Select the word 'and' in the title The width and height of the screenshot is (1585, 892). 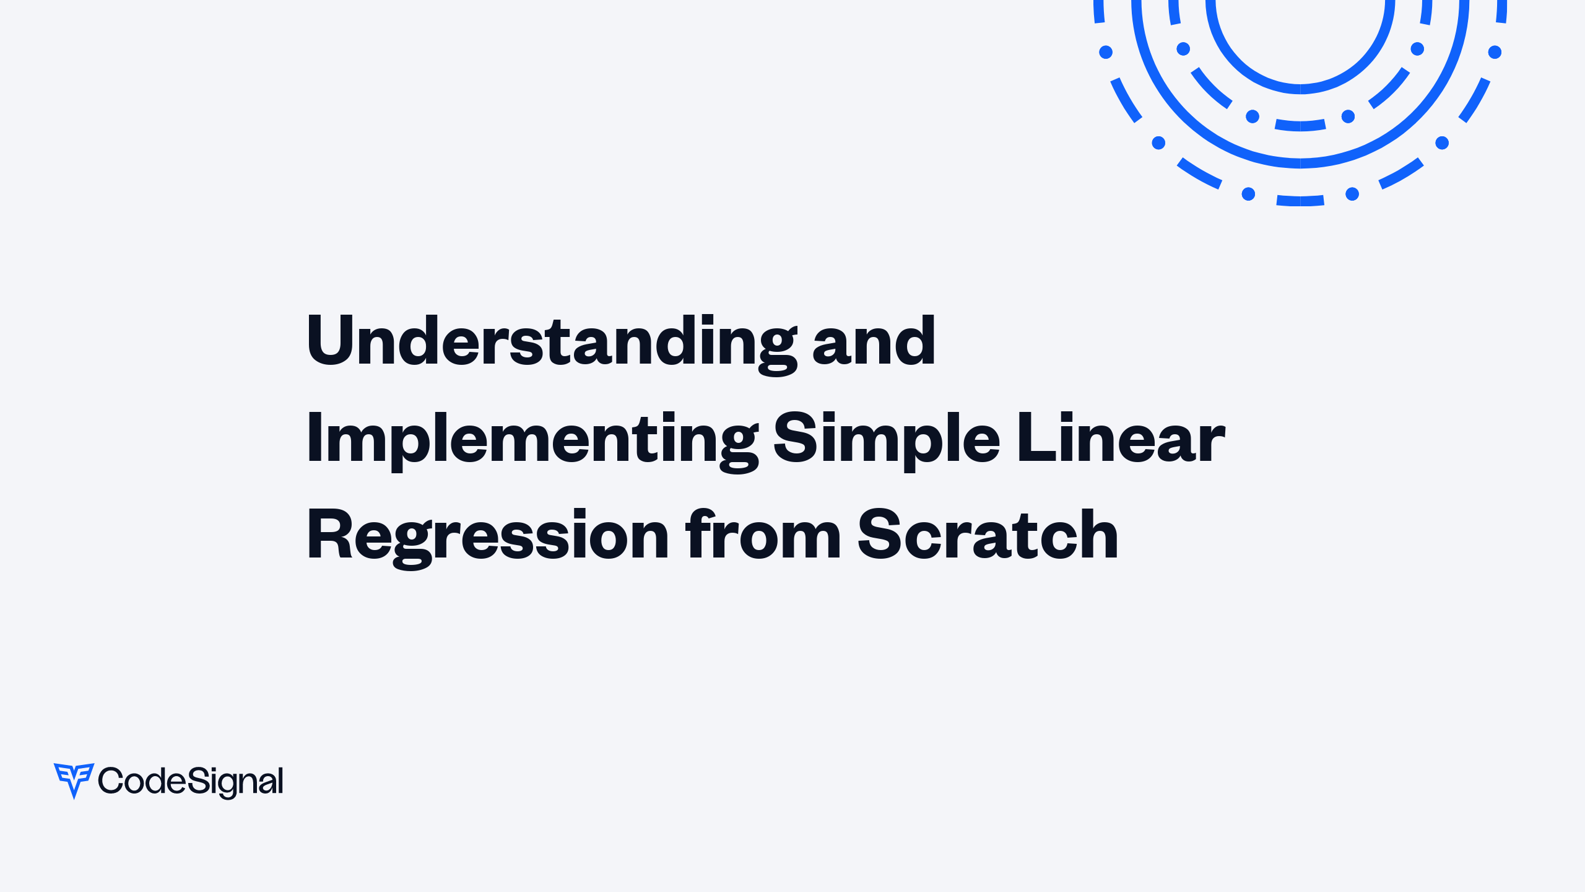click(874, 340)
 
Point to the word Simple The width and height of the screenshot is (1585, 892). click(887, 440)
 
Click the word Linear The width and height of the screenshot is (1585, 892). click(1121, 437)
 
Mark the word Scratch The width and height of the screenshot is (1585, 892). click(988, 533)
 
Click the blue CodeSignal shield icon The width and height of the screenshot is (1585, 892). click(74, 780)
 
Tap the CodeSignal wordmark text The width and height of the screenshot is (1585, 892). click(191, 782)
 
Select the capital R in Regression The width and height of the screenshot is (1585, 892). click(332, 533)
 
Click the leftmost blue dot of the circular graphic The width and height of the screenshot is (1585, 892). click(1106, 52)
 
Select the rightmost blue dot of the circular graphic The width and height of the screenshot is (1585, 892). click(1495, 52)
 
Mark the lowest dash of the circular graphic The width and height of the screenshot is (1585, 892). click(1300, 201)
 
